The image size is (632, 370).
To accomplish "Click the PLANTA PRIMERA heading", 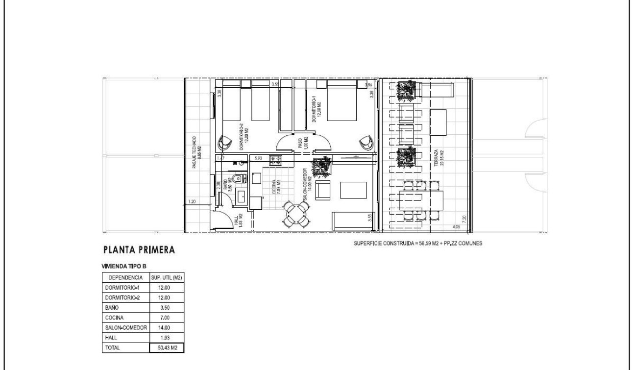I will [x=140, y=250].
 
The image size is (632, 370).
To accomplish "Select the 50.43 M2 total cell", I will [x=167, y=347].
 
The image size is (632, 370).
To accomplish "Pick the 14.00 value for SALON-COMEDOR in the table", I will [x=167, y=327].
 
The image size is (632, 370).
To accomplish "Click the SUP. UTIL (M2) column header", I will [x=167, y=277].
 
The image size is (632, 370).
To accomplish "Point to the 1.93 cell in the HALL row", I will [x=167, y=337].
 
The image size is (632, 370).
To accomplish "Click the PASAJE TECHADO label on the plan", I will [x=195, y=152].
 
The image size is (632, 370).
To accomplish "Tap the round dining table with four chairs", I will [x=296, y=214].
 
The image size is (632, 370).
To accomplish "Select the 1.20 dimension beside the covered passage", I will [x=193, y=201].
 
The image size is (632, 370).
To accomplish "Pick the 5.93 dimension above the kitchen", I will [x=258, y=158].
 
